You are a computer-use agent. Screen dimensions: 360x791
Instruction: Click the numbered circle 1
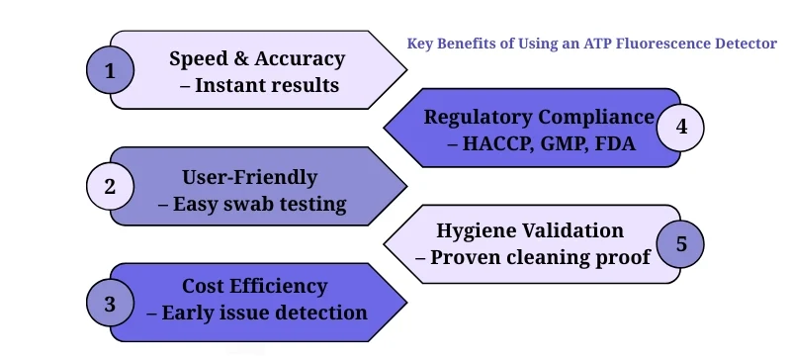[x=110, y=70]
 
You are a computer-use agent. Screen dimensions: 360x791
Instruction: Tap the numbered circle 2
[x=110, y=186]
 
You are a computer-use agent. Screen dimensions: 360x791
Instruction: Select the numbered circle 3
[x=110, y=302]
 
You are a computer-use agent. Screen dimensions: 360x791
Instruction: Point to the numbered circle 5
[x=680, y=243]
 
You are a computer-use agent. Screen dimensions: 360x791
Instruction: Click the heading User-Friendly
[x=249, y=177]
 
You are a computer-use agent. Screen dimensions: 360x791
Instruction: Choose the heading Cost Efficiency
[x=254, y=286]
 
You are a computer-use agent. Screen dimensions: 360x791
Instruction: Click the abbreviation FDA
[x=614, y=143]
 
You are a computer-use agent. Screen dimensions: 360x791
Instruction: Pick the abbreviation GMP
[x=565, y=143]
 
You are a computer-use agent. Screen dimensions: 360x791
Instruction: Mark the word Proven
[x=470, y=257]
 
